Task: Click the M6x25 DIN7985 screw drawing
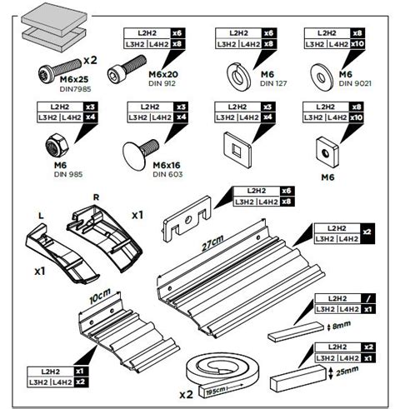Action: pyautogui.click(x=60, y=70)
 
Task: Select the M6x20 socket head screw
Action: pyautogui.click(x=127, y=68)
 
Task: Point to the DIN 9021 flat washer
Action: pyautogui.click(x=322, y=77)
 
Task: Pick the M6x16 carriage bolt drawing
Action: pyautogui.click(x=140, y=153)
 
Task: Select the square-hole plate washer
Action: pyautogui.click(x=237, y=150)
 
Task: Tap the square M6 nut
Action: pyautogui.click(x=327, y=152)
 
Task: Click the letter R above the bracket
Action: pyautogui.click(x=96, y=197)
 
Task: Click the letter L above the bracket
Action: pyautogui.click(x=41, y=216)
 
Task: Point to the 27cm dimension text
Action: pyautogui.click(x=212, y=243)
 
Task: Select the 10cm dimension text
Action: pyautogui.click(x=100, y=296)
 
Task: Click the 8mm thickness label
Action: pyautogui.click(x=342, y=325)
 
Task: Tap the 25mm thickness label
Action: pyautogui.click(x=347, y=371)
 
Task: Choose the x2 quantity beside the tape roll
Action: pyautogui.click(x=186, y=394)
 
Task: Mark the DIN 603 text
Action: pyautogui.click(x=167, y=174)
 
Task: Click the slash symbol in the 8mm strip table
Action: pyautogui.click(x=368, y=299)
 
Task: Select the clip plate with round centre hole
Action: pyautogui.click(x=187, y=219)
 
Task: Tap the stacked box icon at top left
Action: pyautogui.click(x=54, y=27)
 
